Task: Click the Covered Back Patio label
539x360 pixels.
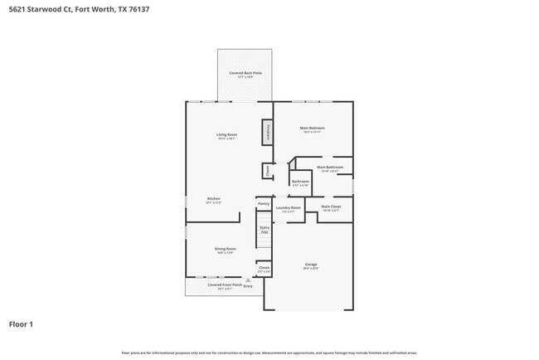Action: click(240, 73)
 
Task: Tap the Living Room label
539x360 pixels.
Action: click(226, 135)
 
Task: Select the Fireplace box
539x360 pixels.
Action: click(268, 132)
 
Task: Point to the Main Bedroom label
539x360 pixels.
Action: click(313, 128)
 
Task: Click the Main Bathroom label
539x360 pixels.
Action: click(330, 168)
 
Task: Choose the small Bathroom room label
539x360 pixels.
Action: click(300, 182)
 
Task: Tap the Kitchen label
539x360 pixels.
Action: click(214, 199)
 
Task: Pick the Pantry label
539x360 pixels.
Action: click(264, 203)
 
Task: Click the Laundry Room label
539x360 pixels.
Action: click(289, 208)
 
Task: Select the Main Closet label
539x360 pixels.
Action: click(331, 207)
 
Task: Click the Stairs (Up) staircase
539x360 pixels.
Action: click(265, 230)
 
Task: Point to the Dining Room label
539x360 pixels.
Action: click(226, 249)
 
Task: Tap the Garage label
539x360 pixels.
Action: click(311, 265)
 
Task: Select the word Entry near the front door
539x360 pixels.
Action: click(260, 285)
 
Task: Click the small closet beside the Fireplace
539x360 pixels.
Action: click(267, 170)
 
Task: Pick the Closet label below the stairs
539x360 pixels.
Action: click(264, 268)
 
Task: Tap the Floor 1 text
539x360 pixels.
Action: click(21, 324)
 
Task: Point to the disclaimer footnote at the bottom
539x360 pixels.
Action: click(269, 353)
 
